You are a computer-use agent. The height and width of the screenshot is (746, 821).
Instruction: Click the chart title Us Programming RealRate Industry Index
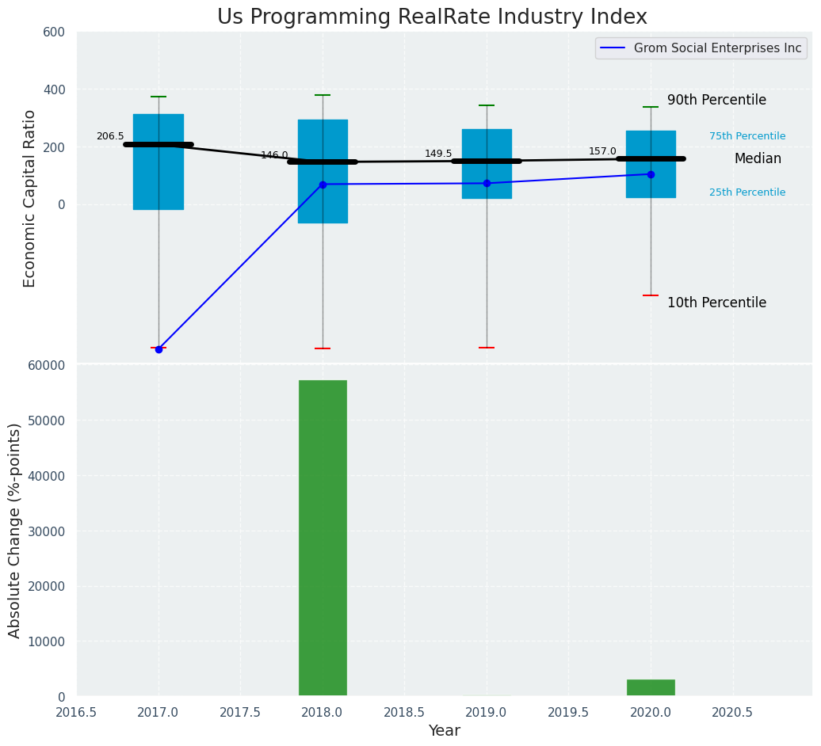pos(432,17)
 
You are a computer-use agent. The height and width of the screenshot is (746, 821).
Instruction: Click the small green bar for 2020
pos(651,687)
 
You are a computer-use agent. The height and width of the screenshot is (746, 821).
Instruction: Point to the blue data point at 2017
pos(158,349)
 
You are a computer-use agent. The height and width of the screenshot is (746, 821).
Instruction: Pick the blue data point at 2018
pos(323,185)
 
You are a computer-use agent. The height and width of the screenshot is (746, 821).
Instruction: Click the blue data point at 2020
pos(651,174)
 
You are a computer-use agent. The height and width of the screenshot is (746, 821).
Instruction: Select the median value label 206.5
pos(110,136)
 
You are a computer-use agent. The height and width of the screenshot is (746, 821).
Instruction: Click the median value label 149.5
pos(438,154)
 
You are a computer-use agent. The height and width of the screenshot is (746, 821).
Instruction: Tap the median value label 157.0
pos(602,151)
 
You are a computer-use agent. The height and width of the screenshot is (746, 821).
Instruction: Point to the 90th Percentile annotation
pos(716,101)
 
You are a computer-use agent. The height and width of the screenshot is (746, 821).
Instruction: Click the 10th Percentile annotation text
pos(716,303)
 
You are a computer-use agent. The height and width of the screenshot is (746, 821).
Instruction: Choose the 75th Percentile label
pos(747,136)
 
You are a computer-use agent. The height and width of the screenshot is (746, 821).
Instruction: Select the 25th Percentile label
pos(747,192)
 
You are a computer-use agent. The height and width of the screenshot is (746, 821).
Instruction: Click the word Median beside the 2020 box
pos(758,159)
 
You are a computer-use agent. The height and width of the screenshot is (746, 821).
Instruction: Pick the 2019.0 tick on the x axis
pos(486,713)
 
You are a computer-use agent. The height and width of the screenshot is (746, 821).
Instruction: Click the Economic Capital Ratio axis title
pos(30,198)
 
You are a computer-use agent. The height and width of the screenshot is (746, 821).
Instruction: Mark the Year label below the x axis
pos(444,731)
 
